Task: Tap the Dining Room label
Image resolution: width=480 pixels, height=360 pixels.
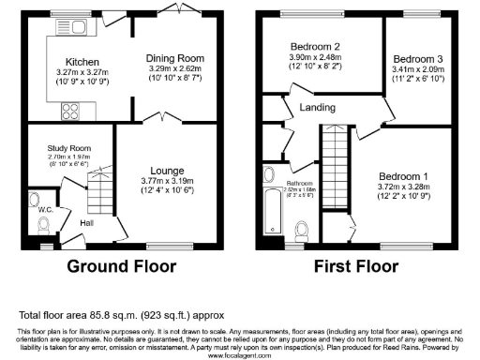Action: point(175,58)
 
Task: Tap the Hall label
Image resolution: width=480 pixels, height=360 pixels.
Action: point(86,223)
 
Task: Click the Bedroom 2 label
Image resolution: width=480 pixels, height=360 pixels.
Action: point(314,46)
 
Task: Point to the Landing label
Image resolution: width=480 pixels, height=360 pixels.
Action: point(317,108)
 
